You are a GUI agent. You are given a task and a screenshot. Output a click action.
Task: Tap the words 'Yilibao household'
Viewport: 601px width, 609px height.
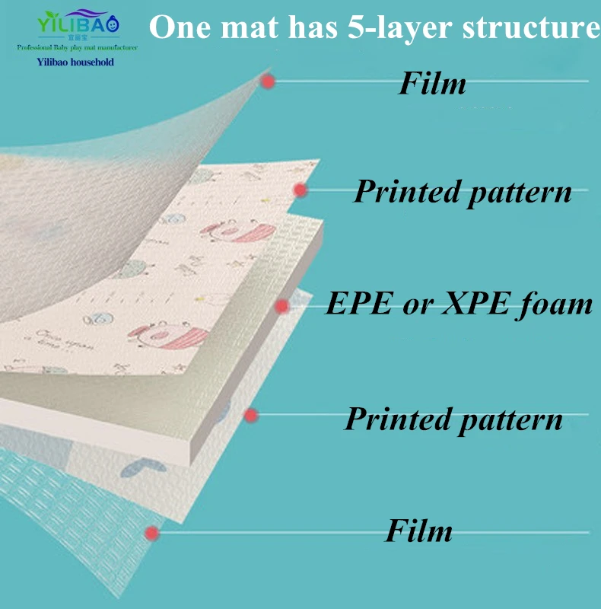pyautogui.click(x=75, y=62)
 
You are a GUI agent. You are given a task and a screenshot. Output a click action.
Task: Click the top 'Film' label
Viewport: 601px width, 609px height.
pyautogui.click(x=432, y=84)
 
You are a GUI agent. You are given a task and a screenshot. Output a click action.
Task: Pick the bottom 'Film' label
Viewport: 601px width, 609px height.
pyautogui.click(x=418, y=530)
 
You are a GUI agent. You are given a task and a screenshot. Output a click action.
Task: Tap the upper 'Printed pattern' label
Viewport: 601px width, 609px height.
pyautogui.click(x=463, y=191)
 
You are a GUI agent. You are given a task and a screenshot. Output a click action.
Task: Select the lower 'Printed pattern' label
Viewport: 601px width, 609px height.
pyautogui.click(x=453, y=418)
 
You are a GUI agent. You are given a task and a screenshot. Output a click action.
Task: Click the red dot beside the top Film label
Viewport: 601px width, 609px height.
pyautogui.click(x=267, y=81)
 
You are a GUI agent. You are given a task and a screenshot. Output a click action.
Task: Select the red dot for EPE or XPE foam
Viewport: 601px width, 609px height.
pyautogui.click(x=282, y=306)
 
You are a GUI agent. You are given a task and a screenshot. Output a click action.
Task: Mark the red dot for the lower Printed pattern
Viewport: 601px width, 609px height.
pyautogui.click(x=251, y=416)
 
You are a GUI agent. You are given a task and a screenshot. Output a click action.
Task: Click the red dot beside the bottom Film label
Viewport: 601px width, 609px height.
pyautogui.click(x=153, y=532)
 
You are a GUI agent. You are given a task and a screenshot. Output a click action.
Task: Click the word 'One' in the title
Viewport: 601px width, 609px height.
pyautogui.click(x=178, y=28)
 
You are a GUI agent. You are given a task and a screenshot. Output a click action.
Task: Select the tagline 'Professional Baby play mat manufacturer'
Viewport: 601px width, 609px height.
pyautogui.click(x=77, y=48)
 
